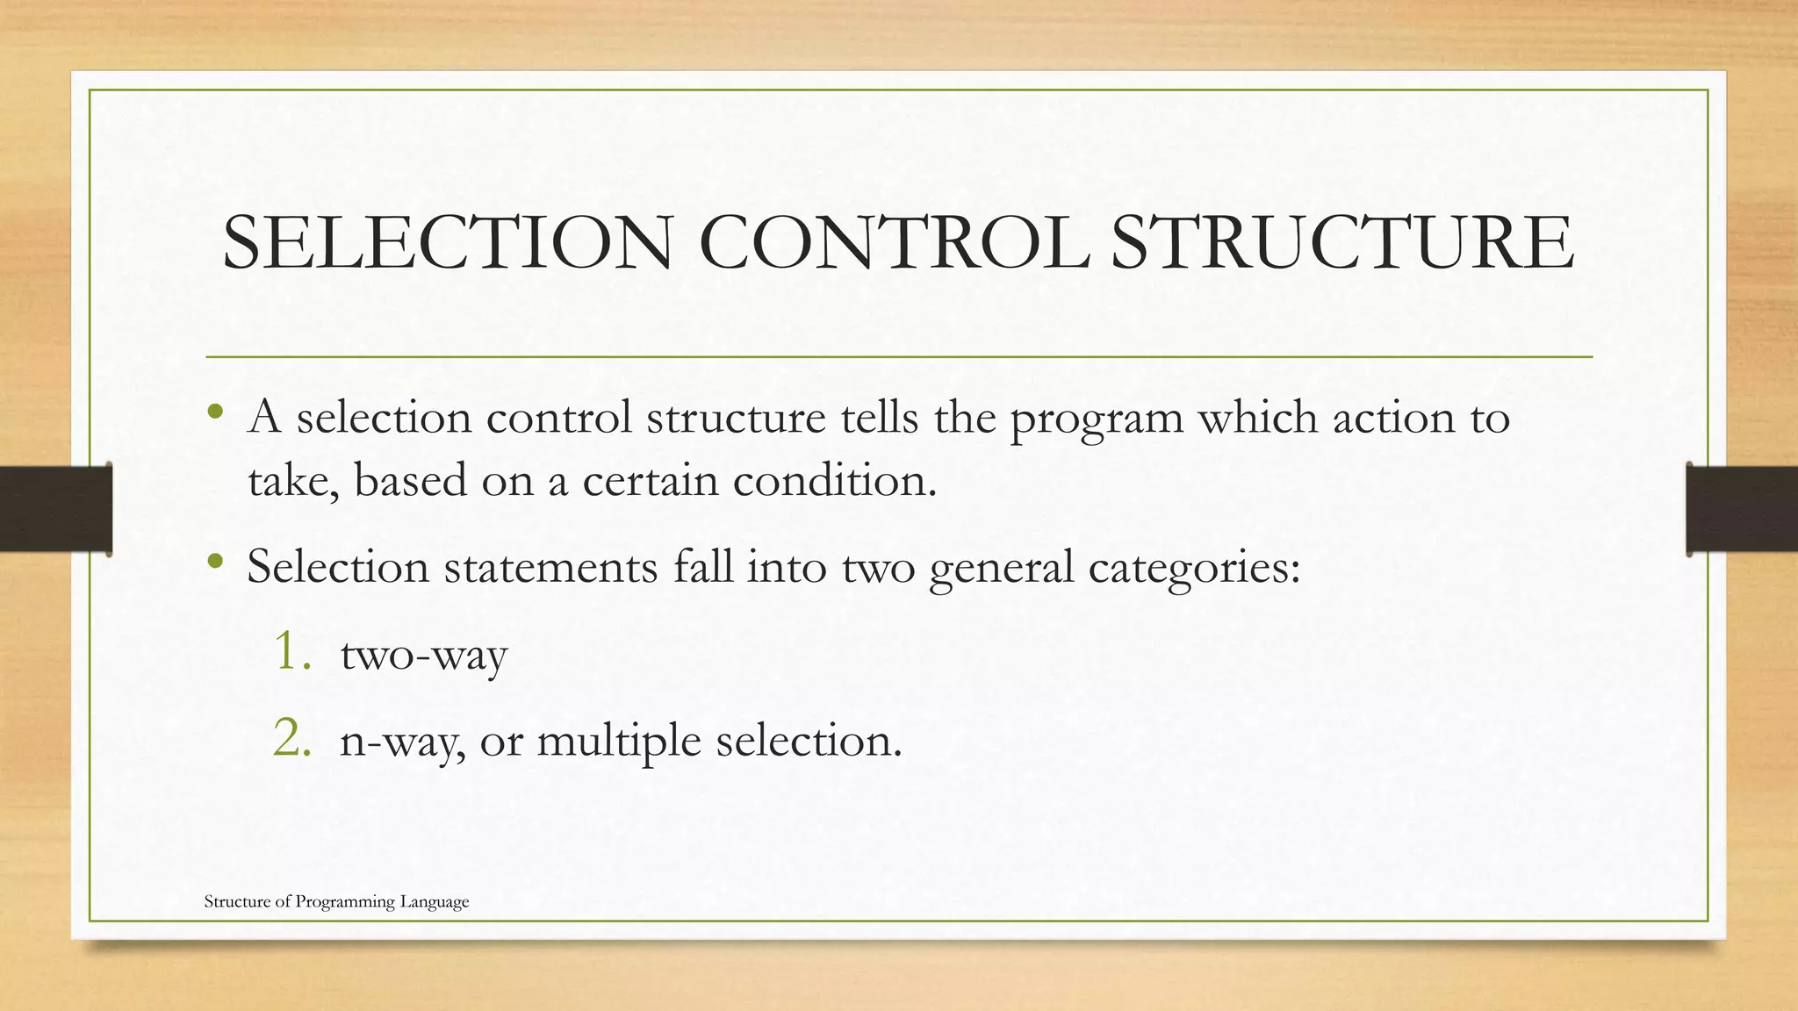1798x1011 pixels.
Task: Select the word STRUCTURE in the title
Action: click(x=1342, y=243)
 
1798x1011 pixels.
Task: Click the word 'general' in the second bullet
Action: click(x=1002, y=568)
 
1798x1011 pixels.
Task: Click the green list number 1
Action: click(x=292, y=652)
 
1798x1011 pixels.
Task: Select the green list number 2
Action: click(x=292, y=738)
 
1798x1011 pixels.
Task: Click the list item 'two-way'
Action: click(x=424, y=656)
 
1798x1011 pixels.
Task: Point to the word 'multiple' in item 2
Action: click(x=619, y=742)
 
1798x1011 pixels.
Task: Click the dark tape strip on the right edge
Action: click(x=1742, y=509)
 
